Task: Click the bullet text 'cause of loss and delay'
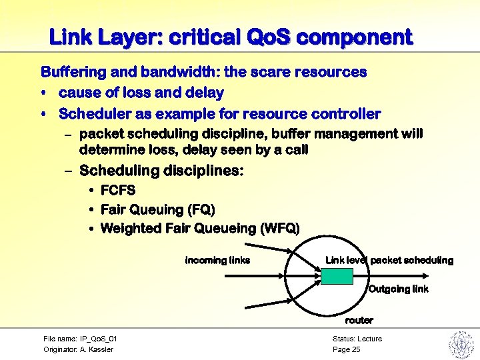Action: point(141,92)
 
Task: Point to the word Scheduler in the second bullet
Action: point(93,114)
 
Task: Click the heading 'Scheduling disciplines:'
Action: point(161,171)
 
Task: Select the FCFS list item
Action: point(118,191)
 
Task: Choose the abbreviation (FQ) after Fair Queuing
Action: point(201,210)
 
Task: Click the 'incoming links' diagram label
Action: point(217,260)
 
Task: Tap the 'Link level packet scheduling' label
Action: point(389,260)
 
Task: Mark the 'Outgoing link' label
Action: point(398,289)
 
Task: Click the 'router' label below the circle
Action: point(359,321)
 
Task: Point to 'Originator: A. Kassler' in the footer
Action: point(78,349)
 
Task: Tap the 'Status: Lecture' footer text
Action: point(357,339)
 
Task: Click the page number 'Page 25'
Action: point(346,349)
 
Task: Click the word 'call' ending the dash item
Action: point(294,150)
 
